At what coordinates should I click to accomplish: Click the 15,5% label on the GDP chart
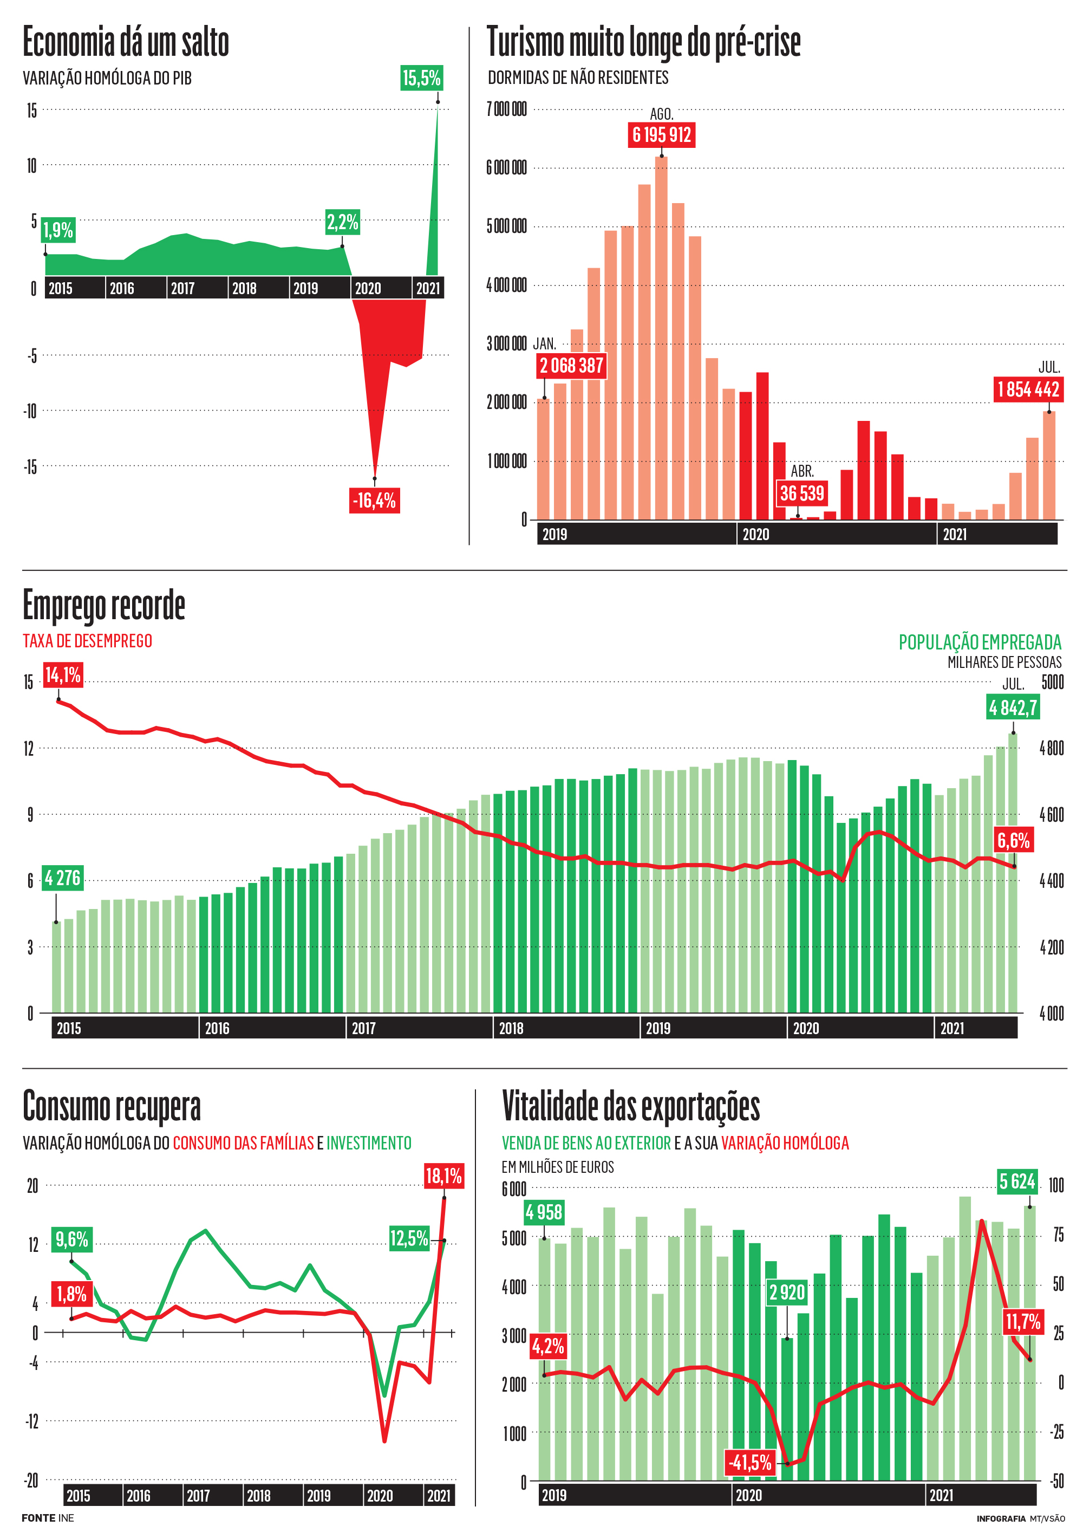click(421, 78)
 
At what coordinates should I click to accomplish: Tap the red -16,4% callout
click(374, 500)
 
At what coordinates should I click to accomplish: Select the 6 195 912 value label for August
click(662, 135)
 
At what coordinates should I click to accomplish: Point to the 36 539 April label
click(801, 493)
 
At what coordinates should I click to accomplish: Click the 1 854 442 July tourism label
click(1028, 389)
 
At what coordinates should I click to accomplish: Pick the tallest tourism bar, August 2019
click(661, 339)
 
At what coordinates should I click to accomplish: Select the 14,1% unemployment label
click(63, 675)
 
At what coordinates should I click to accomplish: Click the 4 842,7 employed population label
click(1013, 707)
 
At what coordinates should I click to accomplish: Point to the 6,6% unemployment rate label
click(1013, 841)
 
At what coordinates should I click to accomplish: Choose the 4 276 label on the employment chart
click(62, 878)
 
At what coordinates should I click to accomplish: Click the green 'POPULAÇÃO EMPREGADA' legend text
click(980, 642)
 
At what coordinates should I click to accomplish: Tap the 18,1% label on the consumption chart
click(443, 1176)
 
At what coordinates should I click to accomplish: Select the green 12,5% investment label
click(409, 1237)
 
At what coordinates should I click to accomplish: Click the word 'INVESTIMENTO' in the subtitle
click(369, 1143)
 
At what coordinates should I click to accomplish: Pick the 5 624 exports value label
click(1016, 1181)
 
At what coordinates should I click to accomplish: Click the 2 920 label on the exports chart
click(787, 1291)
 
